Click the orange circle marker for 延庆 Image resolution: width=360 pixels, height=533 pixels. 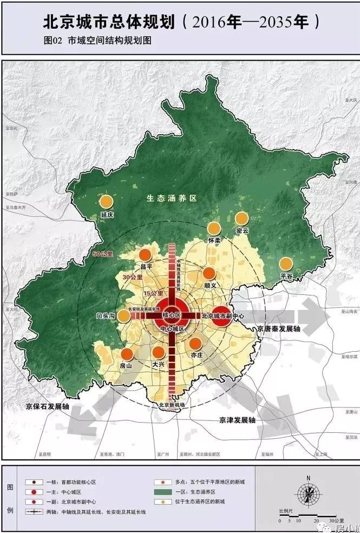pos(107,201)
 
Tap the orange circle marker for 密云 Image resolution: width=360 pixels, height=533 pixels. pos(241,218)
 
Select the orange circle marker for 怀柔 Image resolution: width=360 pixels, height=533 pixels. pos(214,228)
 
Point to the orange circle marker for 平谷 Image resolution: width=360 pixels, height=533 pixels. pos(285,264)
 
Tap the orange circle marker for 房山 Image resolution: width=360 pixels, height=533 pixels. pos(127,354)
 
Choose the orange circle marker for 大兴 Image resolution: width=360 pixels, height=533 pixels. pos(158,352)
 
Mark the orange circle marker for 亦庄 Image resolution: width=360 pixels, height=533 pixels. pos(195,344)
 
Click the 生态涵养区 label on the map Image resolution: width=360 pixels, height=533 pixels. pos(171,199)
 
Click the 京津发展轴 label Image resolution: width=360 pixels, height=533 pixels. pos(237,419)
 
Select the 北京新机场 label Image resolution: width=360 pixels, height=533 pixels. pos(172,405)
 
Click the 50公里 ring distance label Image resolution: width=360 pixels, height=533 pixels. pos(103,254)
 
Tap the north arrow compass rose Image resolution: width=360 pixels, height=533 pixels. pos(307,494)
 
